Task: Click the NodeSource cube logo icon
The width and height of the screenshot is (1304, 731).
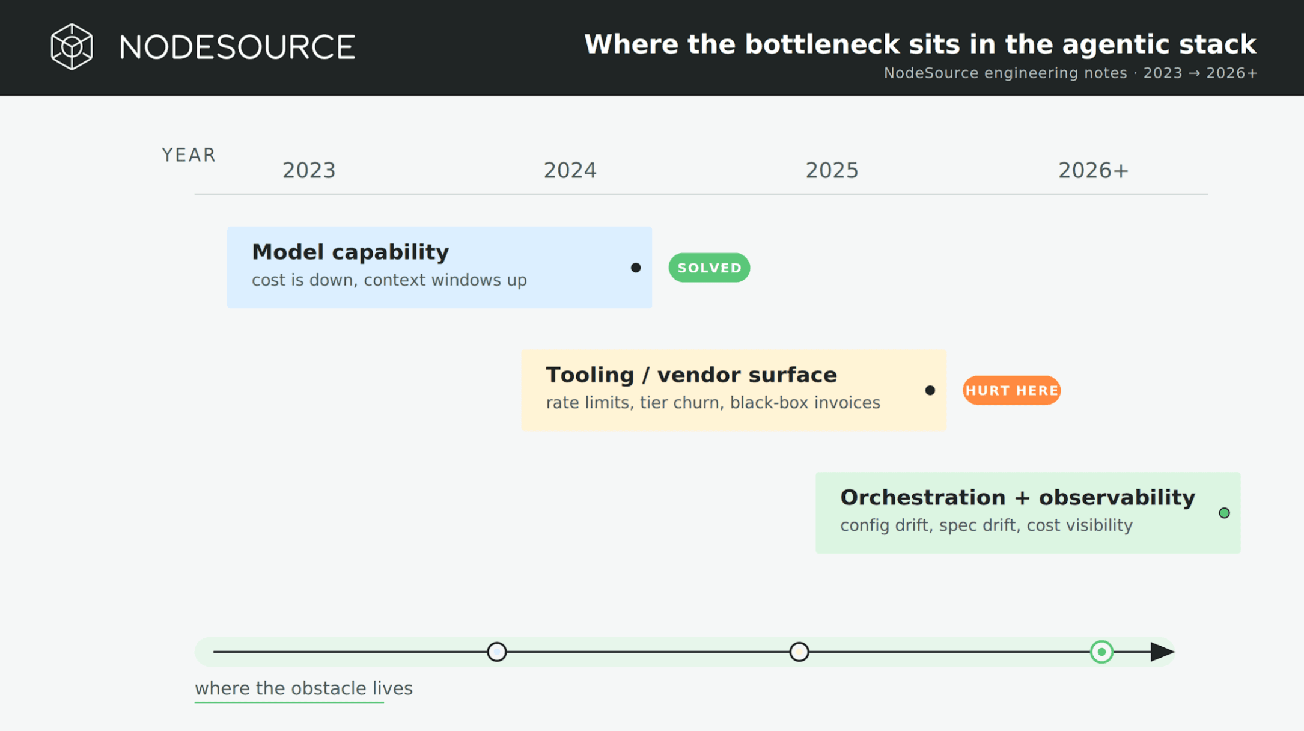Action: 72,47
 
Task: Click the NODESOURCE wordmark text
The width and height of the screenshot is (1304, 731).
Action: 237,47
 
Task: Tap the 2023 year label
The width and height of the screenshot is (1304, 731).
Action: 309,171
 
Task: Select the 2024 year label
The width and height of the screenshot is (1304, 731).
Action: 570,171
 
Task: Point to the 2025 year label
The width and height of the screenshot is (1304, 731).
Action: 832,171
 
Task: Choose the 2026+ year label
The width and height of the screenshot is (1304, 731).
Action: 1094,171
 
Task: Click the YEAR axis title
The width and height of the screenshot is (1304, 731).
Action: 189,155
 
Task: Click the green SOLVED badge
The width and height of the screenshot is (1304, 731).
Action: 709,268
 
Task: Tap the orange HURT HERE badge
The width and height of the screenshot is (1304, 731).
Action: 1011,390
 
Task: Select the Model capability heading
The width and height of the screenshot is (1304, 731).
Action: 350,252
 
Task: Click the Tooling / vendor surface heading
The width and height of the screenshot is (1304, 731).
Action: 691,375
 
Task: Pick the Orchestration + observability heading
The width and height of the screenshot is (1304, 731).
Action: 1017,498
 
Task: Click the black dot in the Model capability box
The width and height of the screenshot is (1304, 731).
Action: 636,268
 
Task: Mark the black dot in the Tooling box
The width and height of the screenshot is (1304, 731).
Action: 930,390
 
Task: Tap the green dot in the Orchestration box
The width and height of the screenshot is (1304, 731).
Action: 1224,513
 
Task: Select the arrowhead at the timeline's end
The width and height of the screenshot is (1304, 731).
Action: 1162,652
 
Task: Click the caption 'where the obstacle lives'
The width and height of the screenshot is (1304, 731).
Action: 303,688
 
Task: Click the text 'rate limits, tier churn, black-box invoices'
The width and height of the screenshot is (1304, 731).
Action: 713,403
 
